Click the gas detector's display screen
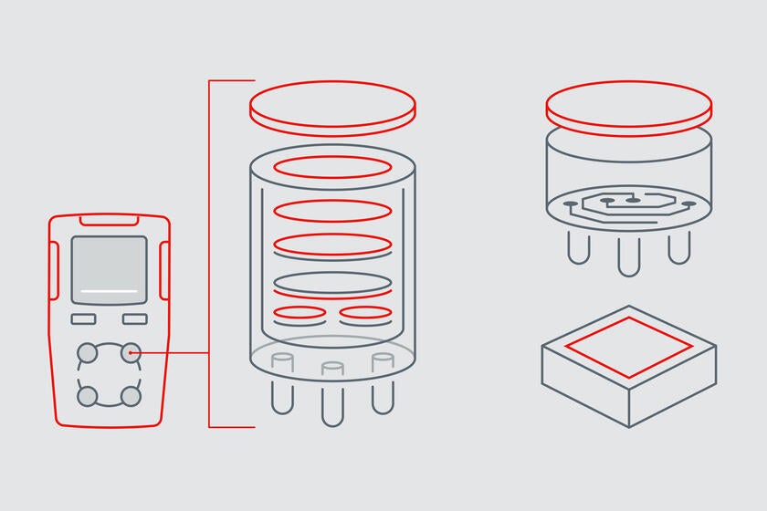[109, 270]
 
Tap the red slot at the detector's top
[109, 219]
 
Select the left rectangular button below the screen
[83, 318]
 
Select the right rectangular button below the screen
[135, 318]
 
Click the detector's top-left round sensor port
[88, 352]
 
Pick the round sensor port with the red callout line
[131, 352]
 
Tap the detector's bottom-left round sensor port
[88, 396]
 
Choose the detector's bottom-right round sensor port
[131, 396]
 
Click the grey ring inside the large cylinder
[332, 283]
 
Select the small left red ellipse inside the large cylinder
[299, 315]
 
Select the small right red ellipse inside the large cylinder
[365, 315]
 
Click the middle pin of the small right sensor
[628, 255]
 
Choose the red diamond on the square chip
[628, 347]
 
